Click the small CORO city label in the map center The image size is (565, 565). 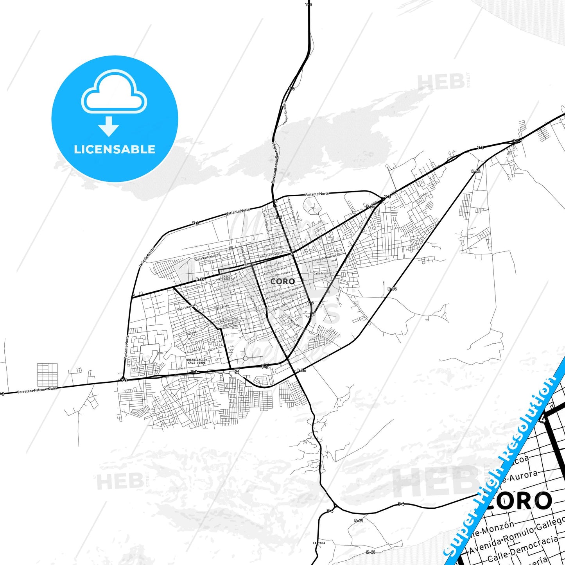point(283,282)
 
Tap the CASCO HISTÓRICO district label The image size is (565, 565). point(226,278)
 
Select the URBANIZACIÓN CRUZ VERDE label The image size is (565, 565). point(197,361)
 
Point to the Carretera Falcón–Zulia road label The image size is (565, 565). point(37,390)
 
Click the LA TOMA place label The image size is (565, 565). point(319,543)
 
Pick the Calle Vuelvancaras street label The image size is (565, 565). point(208,257)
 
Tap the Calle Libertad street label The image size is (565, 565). point(186,307)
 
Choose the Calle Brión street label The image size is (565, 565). point(222,307)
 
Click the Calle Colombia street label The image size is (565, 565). point(228,320)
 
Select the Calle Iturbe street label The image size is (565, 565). point(294,321)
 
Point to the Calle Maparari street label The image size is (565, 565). point(324,273)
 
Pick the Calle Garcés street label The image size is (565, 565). point(273,265)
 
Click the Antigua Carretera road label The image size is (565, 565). point(285,113)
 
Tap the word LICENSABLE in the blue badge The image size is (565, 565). point(115,149)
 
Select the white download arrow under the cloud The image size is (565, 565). point(108,126)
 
